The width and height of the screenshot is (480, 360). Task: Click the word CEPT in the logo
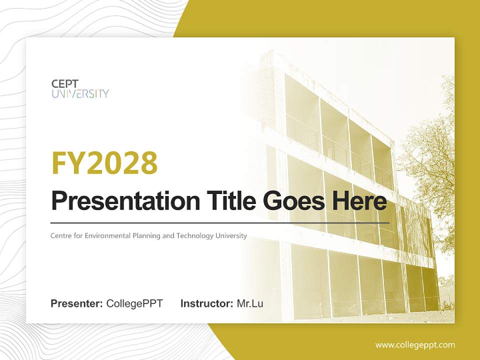click(x=65, y=84)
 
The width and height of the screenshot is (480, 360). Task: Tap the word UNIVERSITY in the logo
click(x=80, y=93)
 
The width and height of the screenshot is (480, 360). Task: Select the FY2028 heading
click(x=104, y=163)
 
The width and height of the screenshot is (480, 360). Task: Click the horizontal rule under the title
click(x=220, y=223)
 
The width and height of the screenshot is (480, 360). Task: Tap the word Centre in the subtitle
click(x=60, y=235)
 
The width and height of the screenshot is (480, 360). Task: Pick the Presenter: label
click(x=76, y=303)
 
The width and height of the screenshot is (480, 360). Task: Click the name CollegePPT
click(x=134, y=303)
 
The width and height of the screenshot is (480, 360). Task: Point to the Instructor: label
click(x=207, y=303)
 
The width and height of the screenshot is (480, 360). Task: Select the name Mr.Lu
click(x=250, y=303)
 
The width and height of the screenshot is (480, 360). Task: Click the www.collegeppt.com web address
click(x=415, y=345)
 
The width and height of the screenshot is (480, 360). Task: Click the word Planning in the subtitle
click(x=146, y=236)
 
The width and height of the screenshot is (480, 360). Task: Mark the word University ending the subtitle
click(x=231, y=236)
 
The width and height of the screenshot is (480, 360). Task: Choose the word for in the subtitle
click(x=78, y=235)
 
